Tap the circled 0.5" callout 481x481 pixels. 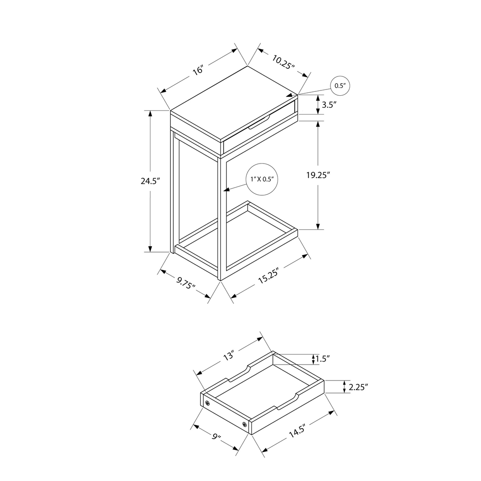click(x=340, y=86)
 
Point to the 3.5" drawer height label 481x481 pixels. click(x=329, y=104)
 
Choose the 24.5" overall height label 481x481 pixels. click(x=150, y=181)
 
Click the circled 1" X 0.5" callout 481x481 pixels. click(x=262, y=179)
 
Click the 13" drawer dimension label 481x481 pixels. click(x=228, y=356)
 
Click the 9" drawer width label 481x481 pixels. click(x=215, y=438)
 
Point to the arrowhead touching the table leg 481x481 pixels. click(x=227, y=190)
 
